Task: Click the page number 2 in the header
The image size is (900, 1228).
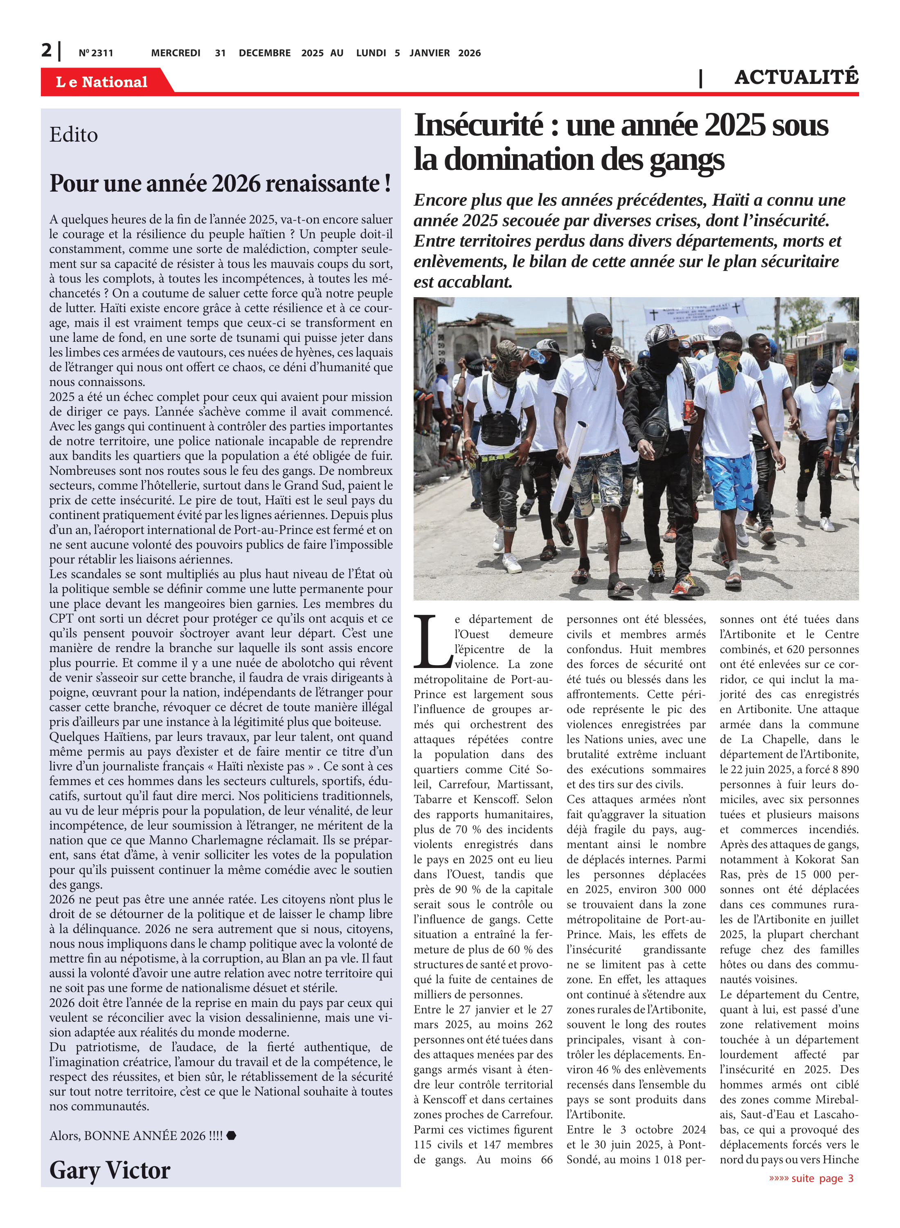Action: point(47,50)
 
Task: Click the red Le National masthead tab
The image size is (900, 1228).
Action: point(102,82)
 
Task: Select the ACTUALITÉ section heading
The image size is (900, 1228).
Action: point(796,77)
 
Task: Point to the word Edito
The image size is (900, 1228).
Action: point(74,135)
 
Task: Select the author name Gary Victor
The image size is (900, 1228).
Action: point(110,1170)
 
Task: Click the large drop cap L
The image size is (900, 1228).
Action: point(432,641)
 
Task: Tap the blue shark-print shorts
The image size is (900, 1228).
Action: point(729,482)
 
